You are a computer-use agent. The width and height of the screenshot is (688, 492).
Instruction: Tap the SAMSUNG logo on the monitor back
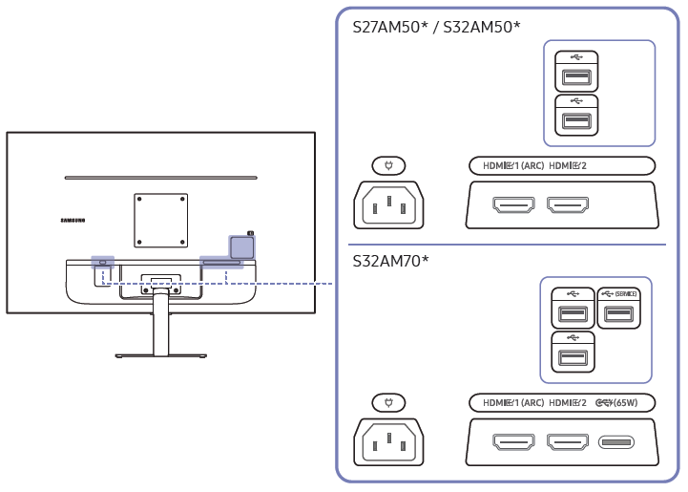point(73,220)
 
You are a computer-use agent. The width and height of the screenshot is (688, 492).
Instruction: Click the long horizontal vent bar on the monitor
point(160,178)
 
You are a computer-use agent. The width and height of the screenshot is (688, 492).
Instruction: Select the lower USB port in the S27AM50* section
point(575,120)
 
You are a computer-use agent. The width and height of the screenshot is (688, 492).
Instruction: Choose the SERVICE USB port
point(618,315)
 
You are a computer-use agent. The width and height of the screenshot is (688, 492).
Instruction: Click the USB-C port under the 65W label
point(616,442)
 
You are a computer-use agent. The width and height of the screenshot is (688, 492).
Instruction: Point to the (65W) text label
point(626,404)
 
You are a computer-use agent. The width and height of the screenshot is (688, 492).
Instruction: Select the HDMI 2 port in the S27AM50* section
point(567,204)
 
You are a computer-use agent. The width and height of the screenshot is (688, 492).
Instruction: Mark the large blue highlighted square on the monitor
point(241,246)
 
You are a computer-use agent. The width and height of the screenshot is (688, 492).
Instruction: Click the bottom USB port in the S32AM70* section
point(573,357)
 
